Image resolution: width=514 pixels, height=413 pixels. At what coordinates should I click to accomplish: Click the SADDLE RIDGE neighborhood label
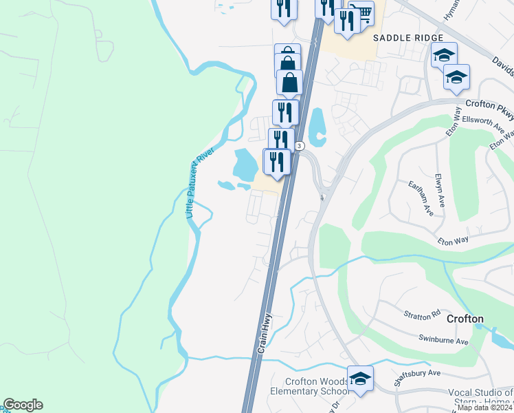tap(408, 38)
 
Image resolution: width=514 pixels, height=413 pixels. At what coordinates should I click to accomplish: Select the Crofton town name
tap(465, 319)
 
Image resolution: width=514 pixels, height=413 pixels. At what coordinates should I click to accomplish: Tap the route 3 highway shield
tap(300, 146)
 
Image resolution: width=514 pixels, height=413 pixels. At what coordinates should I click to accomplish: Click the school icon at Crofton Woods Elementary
tap(359, 377)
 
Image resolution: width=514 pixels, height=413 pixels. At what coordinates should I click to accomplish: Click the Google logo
tap(23, 405)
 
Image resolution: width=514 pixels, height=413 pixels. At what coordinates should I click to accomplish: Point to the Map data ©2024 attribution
tap(484, 407)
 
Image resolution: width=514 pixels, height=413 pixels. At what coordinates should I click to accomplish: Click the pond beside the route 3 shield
tap(316, 127)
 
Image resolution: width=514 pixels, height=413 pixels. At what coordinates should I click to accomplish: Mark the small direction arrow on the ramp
tap(322, 198)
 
